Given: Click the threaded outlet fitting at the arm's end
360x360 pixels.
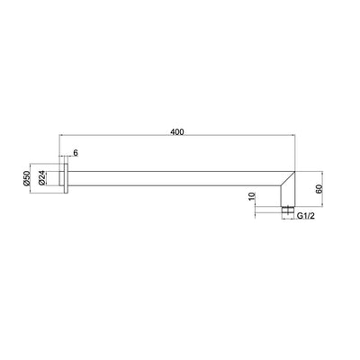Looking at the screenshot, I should coord(287,211).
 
